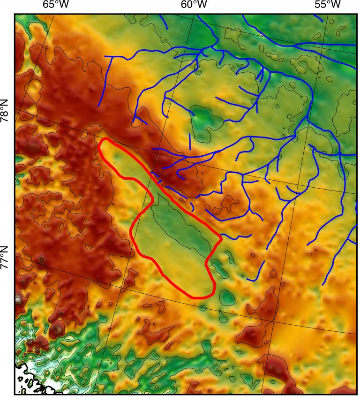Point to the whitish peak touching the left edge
pos(18,299)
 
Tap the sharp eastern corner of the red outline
pos(220,239)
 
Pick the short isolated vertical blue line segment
pos(189,141)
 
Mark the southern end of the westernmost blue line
pos(98,106)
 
